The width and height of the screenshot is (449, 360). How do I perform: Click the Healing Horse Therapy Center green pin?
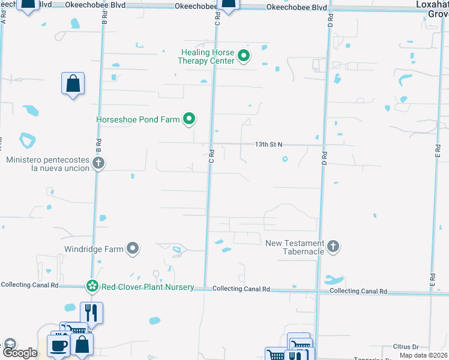pyautogui.click(x=244, y=57)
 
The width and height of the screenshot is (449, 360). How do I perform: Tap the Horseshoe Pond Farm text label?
pyautogui.click(x=138, y=119)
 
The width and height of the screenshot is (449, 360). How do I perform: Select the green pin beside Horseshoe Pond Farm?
pyautogui.click(x=189, y=119)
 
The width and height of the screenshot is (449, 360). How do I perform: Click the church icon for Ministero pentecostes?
pyautogui.click(x=99, y=163)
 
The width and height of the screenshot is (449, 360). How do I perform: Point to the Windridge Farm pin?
pyautogui.click(x=133, y=248)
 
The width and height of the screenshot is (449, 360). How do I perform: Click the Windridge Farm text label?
pyautogui.click(x=94, y=248)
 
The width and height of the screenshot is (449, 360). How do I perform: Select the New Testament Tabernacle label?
pyautogui.click(x=295, y=247)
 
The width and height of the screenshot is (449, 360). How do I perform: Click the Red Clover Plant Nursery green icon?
pyautogui.click(x=92, y=287)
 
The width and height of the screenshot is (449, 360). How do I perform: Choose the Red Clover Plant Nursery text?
pyautogui.click(x=148, y=287)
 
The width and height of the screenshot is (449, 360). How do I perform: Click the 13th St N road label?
pyautogui.click(x=268, y=145)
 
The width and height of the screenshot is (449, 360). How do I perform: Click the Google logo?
pyautogui.click(x=19, y=353)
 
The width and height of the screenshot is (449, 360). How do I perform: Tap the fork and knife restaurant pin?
pyautogui.click(x=91, y=313)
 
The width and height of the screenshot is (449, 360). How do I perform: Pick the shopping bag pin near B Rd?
pyautogui.click(x=73, y=83)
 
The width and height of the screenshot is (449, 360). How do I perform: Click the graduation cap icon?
pyautogui.click(x=9, y=344)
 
